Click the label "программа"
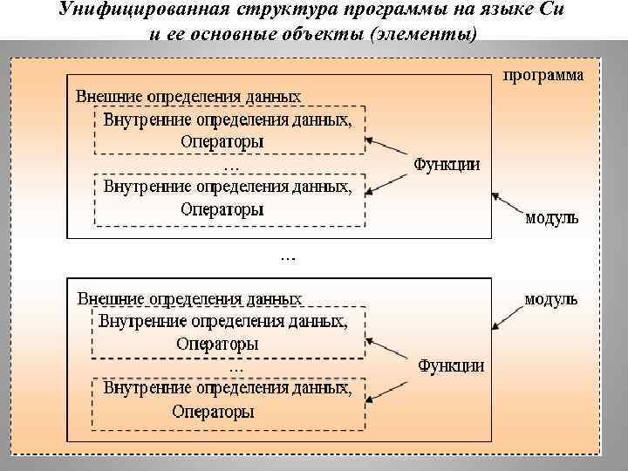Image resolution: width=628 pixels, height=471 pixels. (x=543, y=75)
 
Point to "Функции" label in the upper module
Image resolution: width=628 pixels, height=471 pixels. (x=447, y=164)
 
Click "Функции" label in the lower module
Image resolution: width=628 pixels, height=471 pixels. (x=451, y=365)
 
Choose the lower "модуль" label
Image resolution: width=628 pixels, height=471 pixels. (x=549, y=299)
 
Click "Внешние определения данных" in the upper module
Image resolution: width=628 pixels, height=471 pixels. (x=188, y=96)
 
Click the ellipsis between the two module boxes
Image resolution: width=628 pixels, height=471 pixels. (x=288, y=258)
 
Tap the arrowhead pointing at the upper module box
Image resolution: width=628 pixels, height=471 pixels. (x=495, y=194)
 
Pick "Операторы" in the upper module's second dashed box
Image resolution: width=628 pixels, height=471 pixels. (x=222, y=208)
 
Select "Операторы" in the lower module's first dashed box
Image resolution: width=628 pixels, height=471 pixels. (x=217, y=345)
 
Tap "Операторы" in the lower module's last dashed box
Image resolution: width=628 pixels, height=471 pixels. (x=214, y=411)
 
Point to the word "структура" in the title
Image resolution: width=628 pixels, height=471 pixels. (x=278, y=10)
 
